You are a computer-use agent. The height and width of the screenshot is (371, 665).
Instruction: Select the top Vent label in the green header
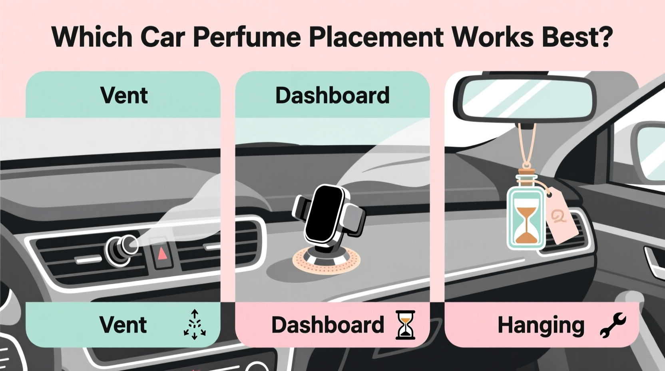click(124, 96)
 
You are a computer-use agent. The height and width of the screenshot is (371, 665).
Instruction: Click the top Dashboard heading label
click(332, 96)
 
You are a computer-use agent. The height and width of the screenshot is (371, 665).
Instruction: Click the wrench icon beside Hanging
click(613, 325)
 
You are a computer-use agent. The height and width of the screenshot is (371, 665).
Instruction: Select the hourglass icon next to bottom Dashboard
click(405, 325)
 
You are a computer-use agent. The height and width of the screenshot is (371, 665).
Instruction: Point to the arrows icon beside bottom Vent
click(195, 325)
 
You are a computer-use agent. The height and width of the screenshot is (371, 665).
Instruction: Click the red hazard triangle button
click(162, 253)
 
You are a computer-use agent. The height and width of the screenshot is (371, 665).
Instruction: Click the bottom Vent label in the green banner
click(123, 325)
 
